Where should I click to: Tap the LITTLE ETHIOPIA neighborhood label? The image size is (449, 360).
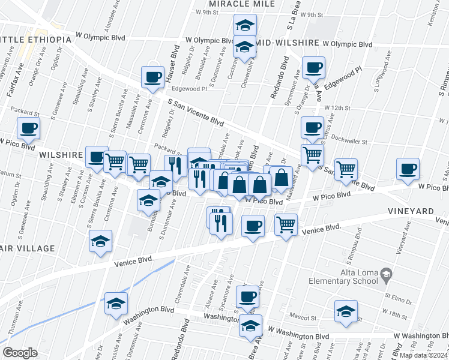pos(35,40)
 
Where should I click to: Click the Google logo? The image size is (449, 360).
pos(20,352)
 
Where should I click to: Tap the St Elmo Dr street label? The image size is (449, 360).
pos(394,296)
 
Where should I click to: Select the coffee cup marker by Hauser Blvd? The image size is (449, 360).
pos(152,77)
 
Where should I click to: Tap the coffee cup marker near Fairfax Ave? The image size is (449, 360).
pos(29,128)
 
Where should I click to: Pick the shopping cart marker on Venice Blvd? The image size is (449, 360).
pos(287,225)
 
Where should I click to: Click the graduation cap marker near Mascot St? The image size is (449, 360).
pos(346,312)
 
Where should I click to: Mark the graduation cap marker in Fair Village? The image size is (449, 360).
pos(101,242)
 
